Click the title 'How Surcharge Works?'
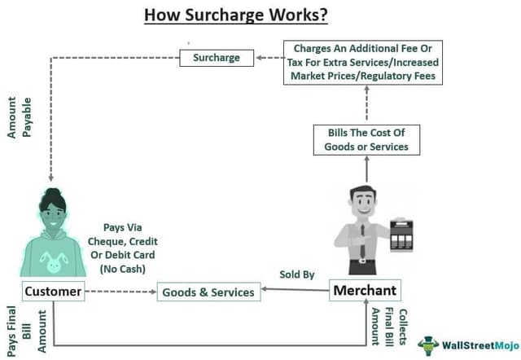pyautogui.click(x=230, y=14)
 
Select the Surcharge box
pyautogui.click(x=217, y=58)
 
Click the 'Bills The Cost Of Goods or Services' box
pyautogui.click(x=366, y=139)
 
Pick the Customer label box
pyautogui.click(x=53, y=291)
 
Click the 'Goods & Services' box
pyautogui.click(x=208, y=292)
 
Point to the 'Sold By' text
pyautogui.click(x=297, y=274)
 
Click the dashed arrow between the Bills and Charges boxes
pyautogui.click(x=366, y=103)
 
